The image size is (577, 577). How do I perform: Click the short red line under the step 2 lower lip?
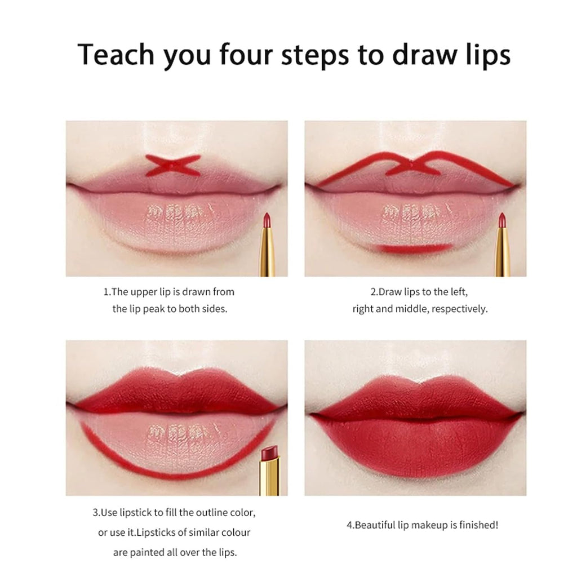point(415,247)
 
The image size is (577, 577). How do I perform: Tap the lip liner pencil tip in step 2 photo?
point(501,220)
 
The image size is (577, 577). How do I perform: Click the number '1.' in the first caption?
point(106,292)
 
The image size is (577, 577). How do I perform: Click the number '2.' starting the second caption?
point(374,292)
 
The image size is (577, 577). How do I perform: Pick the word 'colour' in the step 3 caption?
point(237,532)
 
